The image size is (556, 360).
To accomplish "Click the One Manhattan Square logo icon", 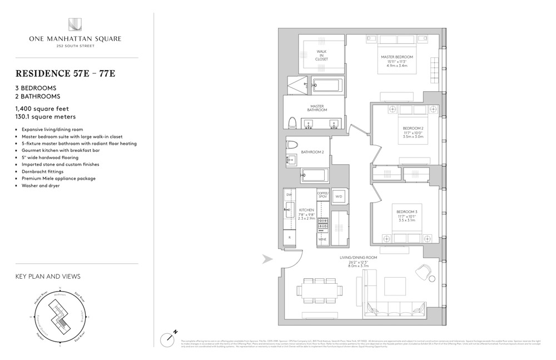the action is click(75, 24).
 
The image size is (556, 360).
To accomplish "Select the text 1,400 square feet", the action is click(42, 109).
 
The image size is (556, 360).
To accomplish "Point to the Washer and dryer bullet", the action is click(39, 185).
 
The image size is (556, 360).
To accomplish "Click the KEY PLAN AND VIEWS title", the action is click(48, 277).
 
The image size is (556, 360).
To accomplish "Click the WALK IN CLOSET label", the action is click(321, 55).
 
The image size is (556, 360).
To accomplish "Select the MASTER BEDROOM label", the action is click(397, 57).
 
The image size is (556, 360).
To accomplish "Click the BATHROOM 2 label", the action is click(312, 152).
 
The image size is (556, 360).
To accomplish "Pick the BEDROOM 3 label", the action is click(406, 212).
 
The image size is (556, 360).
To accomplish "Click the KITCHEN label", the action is click(307, 211).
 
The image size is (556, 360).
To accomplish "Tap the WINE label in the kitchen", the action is click(322, 239).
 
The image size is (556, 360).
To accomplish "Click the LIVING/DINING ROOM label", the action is click(359, 258).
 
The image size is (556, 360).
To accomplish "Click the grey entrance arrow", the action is click(267, 258).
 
